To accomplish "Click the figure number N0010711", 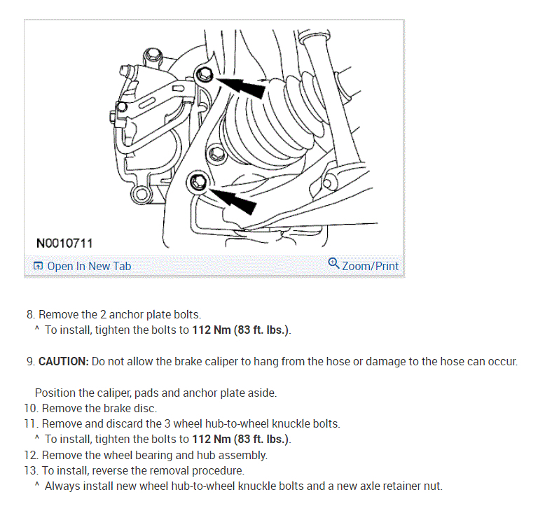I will (x=64, y=243).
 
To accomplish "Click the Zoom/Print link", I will (x=370, y=266).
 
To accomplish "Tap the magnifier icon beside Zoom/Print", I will (x=333, y=264).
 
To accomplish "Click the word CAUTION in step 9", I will (x=63, y=362).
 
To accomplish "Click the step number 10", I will (x=31, y=408).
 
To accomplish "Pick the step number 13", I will (x=31, y=470).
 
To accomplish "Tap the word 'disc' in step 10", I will (x=145, y=408).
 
